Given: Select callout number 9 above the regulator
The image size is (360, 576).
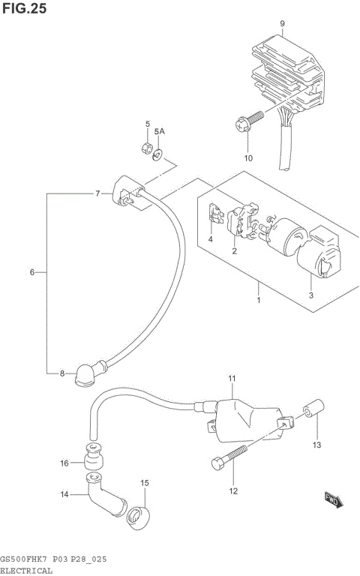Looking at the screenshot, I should click(x=282, y=24).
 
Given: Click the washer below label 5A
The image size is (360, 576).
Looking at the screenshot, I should click(x=159, y=155).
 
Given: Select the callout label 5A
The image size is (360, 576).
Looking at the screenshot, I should click(x=159, y=132).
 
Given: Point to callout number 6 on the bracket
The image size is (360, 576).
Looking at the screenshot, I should click(x=32, y=272).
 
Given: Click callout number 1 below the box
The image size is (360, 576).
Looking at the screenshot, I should click(x=258, y=301).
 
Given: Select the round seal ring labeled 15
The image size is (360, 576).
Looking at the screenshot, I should click(x=140, y=516).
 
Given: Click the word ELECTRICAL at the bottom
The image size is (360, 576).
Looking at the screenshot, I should click(x=27, y=570).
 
